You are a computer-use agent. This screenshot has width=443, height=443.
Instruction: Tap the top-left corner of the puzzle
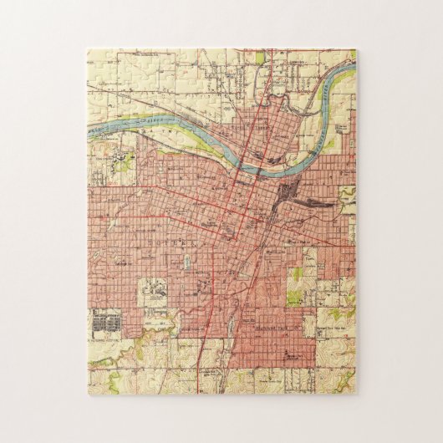[x=88, y=50]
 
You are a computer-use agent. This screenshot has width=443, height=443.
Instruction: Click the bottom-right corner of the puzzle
[x=355, y=393]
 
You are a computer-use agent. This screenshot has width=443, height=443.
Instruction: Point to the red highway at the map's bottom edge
[x=198, y=390]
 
